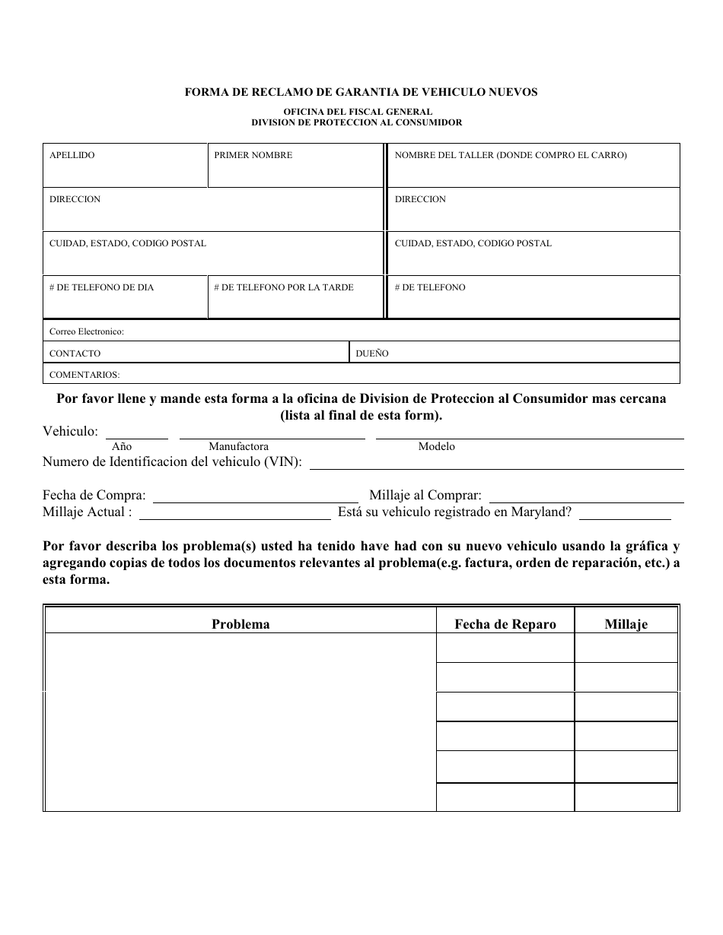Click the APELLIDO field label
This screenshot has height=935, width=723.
72,155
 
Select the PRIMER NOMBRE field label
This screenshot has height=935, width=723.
253,155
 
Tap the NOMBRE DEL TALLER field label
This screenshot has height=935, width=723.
511,155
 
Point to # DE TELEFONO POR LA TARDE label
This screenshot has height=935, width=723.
284,287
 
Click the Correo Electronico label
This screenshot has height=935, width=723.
86,331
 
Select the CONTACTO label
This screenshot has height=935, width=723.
75,353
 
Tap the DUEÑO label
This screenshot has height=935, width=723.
372,353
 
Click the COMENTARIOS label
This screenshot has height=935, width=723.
84,375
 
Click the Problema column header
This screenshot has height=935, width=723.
240,624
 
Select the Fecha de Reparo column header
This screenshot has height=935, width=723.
505,624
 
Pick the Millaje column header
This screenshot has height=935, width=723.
626,624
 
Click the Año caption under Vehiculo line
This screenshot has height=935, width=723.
122,447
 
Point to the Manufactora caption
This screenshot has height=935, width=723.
238,447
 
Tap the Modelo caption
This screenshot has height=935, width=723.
437,447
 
